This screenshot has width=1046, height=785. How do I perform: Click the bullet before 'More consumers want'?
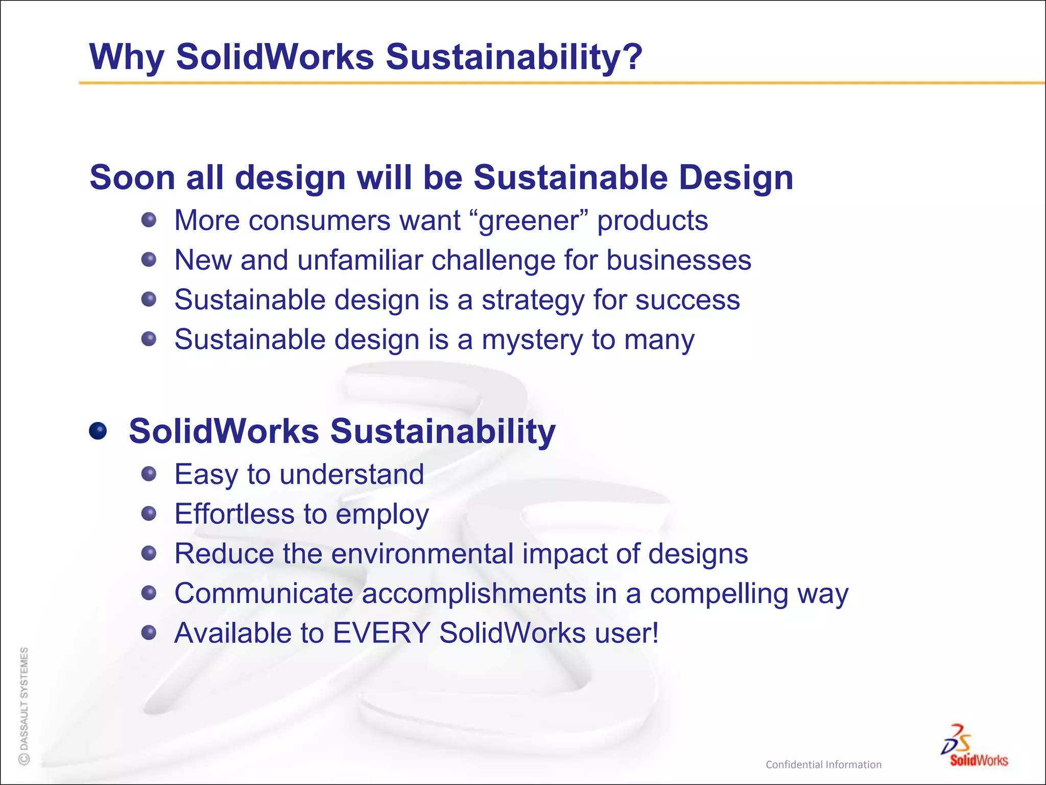pyautogui.click(x=149, y=220)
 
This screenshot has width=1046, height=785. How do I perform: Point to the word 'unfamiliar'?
pyautogui.click(x=360, y=260)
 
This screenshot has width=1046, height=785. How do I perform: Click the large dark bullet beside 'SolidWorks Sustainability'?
pyautogui.click(x=98, y=431)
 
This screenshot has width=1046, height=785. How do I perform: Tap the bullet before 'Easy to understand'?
pyautogui.click(x=149, y=474)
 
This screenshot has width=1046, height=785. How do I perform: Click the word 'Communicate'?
pyautogui.click(x=264, y=593)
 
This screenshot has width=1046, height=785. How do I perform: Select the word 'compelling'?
pyautogui.click(x=719, y=594)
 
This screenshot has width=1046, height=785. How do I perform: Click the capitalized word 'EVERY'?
pyautogui.click(x=382, y=633)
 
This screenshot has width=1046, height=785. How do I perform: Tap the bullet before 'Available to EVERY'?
pyautogui.click(x=149, y=633)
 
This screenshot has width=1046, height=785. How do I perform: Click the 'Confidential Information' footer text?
pyautogui.click(x=823, y=765)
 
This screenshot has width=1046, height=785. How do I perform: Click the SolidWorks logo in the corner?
pyautogui.click(x=976, y=746)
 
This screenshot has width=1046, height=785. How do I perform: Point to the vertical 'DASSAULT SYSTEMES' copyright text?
pyautogui.click(x=24, y=705)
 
